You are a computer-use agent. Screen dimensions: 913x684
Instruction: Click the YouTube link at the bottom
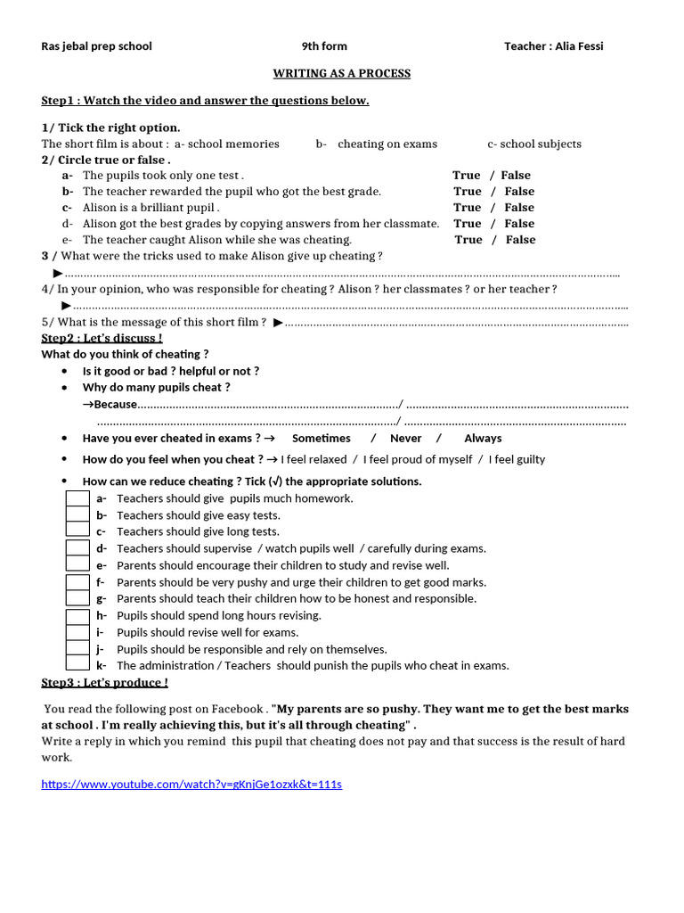191,784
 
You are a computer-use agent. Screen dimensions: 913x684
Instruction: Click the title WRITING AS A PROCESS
341,73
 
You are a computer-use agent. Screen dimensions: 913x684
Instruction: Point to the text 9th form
324,45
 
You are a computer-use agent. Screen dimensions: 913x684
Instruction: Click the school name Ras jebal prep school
96,45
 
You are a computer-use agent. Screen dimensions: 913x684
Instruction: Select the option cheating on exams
387,144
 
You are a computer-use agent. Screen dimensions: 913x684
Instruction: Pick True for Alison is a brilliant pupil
467,208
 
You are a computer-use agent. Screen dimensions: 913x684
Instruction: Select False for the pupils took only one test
516,176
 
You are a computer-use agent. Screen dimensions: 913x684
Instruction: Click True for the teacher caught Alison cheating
468,240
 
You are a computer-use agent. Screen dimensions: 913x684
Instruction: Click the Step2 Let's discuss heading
102,338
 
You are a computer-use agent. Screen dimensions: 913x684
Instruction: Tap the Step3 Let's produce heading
104,682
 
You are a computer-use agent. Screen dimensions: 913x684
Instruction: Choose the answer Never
405,438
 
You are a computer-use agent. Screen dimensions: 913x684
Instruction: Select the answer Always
483,438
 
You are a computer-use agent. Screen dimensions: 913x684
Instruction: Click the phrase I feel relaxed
313,459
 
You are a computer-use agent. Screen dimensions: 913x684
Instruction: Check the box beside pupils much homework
77,498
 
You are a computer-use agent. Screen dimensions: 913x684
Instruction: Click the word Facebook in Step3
237,709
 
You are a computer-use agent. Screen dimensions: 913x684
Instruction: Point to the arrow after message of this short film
278,322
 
